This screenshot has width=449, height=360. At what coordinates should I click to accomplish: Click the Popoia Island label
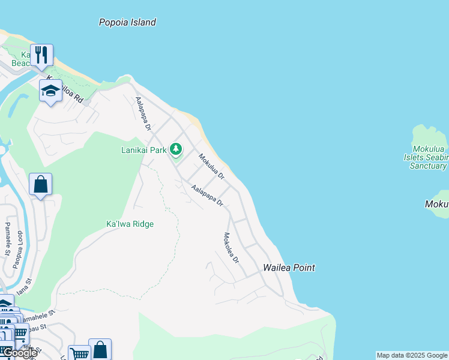tap(127, 23)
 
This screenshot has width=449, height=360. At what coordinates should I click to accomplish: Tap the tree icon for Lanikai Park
tap(176, 149)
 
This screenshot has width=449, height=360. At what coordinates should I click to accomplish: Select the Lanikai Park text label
tap(143, 151)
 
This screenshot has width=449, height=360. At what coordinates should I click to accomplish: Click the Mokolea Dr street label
tap(231, 248)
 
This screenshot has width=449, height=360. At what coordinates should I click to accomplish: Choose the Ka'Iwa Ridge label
tap(130, 224)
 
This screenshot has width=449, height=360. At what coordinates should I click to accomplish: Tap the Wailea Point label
tap(289, 268)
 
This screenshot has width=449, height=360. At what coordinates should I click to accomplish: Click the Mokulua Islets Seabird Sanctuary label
tap(429, 157)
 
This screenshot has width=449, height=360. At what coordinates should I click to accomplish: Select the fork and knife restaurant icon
tap(41, 55)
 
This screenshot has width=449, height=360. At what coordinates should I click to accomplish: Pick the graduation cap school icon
tap(51, 91)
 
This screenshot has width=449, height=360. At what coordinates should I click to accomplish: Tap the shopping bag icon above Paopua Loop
tap(40, 184)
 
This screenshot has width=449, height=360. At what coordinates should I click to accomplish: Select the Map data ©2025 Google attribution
tap(412, 355)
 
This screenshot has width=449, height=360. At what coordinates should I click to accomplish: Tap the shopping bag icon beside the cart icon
tap(100, 349)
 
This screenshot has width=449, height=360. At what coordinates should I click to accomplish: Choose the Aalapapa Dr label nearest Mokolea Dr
tap(207, 196)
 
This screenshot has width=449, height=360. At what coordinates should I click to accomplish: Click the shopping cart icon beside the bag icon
tap(79, 353)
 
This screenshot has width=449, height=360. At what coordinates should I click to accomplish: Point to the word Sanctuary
tap(428, 166)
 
